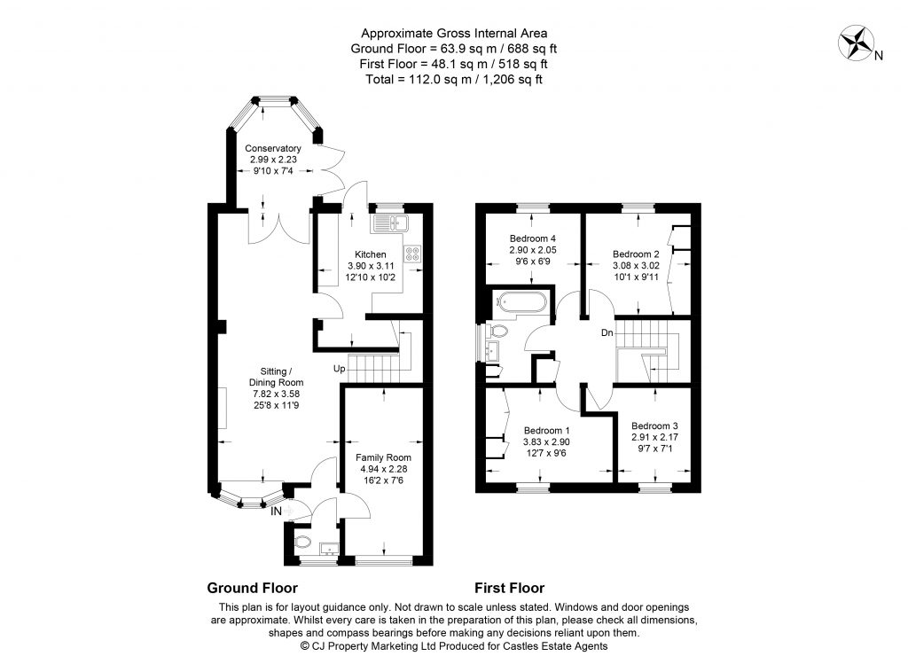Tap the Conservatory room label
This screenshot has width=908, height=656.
(273, 148)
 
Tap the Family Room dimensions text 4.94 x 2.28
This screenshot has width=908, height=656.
(382, 469)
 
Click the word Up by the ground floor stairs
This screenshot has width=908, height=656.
(339, 368)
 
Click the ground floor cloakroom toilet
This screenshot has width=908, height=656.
(301, 541)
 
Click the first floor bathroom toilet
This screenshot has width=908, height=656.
(498, 332)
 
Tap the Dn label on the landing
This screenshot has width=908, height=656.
(607, 333)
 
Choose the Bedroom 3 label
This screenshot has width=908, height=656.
(654, 425)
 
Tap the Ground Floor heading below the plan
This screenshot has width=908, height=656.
(252, 588)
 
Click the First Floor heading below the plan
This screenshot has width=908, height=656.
(509, 588)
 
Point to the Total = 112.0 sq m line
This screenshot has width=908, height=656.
(453, 79)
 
